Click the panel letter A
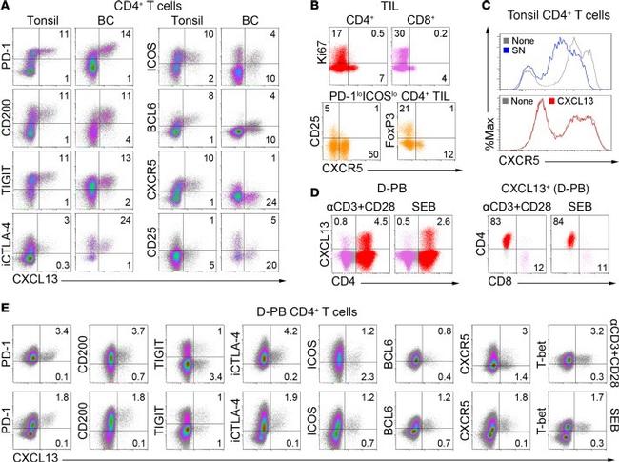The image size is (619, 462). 7,7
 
